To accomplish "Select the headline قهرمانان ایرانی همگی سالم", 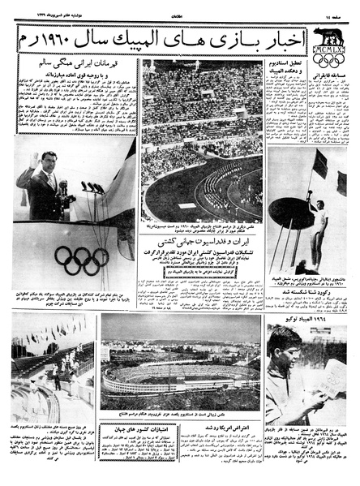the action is click(x=72, y=62).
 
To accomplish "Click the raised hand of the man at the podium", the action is click(x=32, y=161).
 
